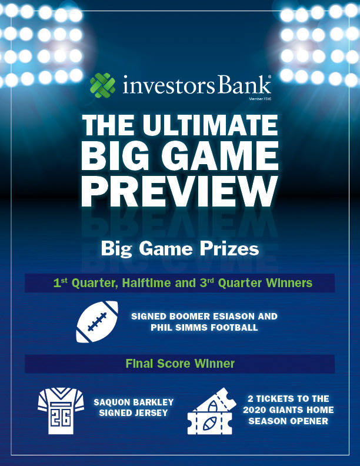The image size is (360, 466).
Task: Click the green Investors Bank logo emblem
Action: point(102,85)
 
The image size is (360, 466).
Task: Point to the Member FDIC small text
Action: point(260,99)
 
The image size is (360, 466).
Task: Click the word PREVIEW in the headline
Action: point(180,191)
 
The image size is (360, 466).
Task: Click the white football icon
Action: point(97,322)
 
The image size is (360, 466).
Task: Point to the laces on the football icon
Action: point(97,322)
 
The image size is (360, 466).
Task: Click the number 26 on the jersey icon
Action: point(61,418)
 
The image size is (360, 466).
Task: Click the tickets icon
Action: point(212,411)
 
